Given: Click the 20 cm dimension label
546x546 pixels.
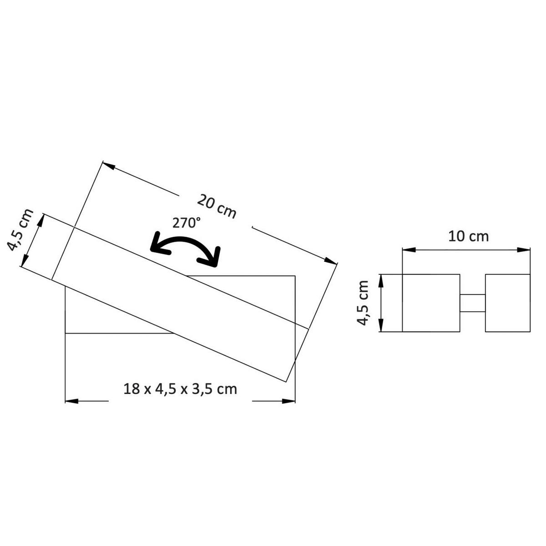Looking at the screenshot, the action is (217, 207).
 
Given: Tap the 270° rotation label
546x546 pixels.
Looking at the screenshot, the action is (187, 223).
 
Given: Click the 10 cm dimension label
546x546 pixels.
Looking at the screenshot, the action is (469, 237).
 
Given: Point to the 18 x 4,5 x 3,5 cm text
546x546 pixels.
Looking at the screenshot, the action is (180, 389).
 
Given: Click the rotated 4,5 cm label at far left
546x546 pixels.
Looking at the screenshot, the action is (20, 230).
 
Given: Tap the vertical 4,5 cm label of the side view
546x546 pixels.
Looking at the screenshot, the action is (363, 303).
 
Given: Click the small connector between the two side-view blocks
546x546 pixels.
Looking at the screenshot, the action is (472, 303).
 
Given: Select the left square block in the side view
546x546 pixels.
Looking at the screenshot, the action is (431, 303).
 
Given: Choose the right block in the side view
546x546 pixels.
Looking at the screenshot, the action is (507, 303).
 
